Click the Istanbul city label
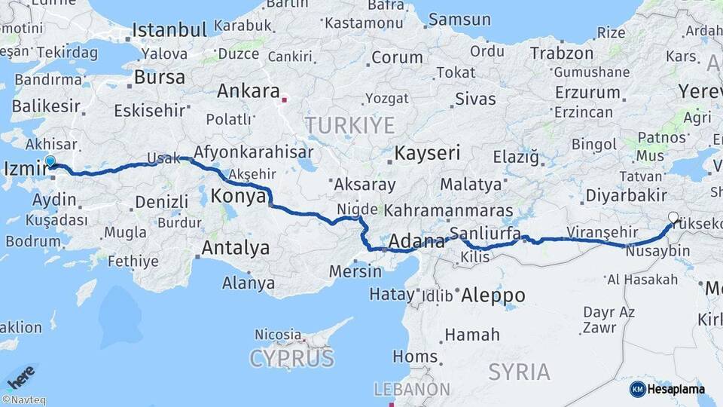click(169, 30)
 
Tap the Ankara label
click(248, 92)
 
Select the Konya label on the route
click(238, 196)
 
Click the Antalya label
click(235, 247)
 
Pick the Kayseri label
click(427, 153)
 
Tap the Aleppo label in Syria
click(493, 295)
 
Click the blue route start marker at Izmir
click(50, 161)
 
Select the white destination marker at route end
click(673, 218)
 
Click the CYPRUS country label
click(291, 357)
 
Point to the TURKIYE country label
click(349, 124)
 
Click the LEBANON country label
click(412, 390)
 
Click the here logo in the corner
click(21, 375)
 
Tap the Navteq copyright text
click(24, 400)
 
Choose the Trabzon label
click(562, 54)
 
